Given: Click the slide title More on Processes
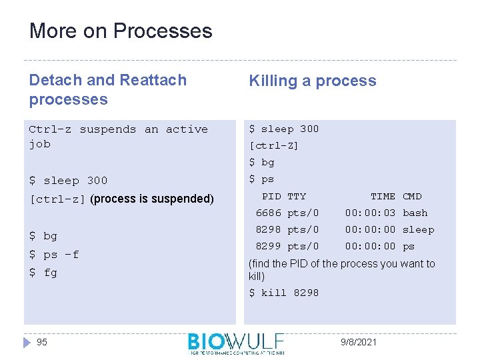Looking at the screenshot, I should [x=121, y=31].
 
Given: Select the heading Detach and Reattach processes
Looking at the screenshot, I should [x=107, y=89].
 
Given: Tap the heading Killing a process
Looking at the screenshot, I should [x=312, y=81].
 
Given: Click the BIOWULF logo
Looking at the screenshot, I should [x=236, y=343].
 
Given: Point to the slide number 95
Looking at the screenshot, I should [x=42, y=342].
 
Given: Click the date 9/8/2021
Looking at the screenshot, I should [x=358, y=342].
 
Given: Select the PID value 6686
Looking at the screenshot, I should [x=268, y=213].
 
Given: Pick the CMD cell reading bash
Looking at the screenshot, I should [x=415, y=213].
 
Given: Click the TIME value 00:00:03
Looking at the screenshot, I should [x=370, y=213].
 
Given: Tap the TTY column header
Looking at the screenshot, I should [x=296, y=196].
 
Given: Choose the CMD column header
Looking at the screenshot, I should [x=412, y=196].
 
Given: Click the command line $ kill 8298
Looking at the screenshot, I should [x=284, y=293].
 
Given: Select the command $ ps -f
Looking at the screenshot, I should [x=54, y=254].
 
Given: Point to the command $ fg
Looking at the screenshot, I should [x=43, y=273].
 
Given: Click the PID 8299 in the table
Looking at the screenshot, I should [x=268, y=246].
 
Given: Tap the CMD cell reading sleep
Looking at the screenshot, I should [x=418, y=229].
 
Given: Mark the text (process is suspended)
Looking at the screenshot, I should [x=152, y=199].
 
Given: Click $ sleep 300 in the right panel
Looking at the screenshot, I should [x=284, y=129].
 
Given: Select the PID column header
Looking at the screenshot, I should [x=271, y=196].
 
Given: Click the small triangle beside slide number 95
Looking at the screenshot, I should [x=27, y=342].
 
